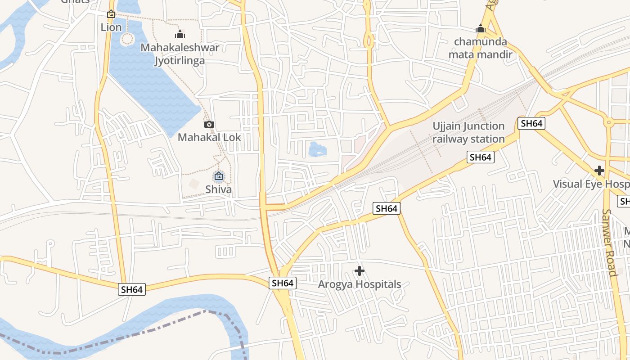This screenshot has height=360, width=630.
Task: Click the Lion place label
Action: click(111, 27)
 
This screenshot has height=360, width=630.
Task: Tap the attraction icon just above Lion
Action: click(111, 14)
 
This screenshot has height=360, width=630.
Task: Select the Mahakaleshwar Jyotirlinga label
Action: click(180, 54)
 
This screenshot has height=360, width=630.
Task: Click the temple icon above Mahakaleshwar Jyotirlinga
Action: click(180, 34)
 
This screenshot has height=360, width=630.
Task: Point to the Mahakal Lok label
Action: click(209, 137)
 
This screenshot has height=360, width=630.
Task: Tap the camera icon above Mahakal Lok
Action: click(209, 124)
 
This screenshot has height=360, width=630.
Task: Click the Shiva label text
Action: click(219, 189)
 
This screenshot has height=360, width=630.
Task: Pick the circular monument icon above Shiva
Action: click(219, 176)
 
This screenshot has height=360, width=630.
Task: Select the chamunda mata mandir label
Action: click(481, 48)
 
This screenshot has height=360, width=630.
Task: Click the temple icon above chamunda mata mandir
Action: click(481, 29)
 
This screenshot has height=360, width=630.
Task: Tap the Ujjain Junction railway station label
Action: click(468, 132)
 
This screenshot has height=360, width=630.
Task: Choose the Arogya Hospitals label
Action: click(359, 284)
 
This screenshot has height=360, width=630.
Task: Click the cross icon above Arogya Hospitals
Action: click(359, 271)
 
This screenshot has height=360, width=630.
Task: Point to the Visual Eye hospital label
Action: click(590, 184)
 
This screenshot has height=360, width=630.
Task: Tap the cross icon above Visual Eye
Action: click(599, 171)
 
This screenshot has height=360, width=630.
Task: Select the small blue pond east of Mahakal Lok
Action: click(318, 149)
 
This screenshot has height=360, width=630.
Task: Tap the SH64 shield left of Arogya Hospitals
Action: click(283, 283)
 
